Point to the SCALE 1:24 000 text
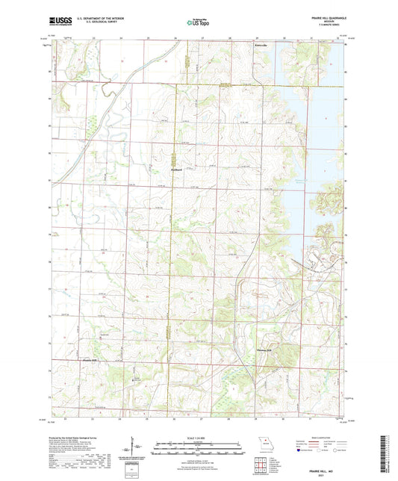[x=197, y=438]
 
